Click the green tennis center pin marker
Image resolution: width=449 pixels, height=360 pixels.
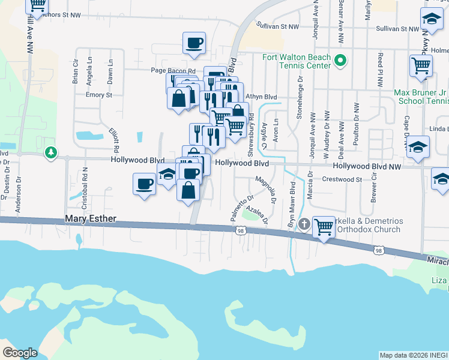click(340, 60)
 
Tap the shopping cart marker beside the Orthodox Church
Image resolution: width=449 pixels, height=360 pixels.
click(324, 227)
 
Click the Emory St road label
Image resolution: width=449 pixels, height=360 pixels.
click(99, 95)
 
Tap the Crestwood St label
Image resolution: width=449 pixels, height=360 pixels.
click(342, 179)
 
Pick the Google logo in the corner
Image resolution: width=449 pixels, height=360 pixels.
click(20, 353)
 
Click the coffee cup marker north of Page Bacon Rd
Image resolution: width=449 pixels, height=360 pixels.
click(194, 43)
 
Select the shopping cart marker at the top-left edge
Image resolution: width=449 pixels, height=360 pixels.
click(37, 5)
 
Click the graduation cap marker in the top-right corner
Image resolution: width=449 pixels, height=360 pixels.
click(432, 19)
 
